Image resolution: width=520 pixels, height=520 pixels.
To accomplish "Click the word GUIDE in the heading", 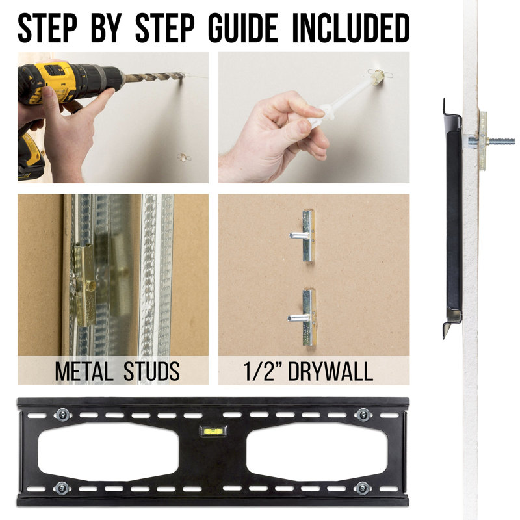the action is [242, 28].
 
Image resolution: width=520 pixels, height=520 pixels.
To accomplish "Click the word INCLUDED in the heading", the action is [351, 28].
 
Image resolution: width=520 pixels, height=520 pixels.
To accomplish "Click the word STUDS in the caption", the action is [151, 371].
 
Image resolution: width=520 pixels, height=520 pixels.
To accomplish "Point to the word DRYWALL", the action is [331, 371].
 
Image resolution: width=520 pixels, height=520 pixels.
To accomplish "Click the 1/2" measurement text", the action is [264, 371].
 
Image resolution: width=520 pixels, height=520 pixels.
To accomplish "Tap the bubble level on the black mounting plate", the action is [213, 431].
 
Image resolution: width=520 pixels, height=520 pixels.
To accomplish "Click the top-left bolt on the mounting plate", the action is [62, 415].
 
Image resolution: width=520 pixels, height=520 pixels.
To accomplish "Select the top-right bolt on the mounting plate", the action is [363, 415].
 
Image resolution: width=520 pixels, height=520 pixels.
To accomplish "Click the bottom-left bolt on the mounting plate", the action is [62, 488].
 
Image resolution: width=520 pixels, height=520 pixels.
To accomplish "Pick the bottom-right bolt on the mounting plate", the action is [363, 488].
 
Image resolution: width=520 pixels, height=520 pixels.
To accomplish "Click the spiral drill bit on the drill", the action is [153, 77].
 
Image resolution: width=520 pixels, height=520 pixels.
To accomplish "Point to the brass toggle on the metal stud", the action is [84, 285].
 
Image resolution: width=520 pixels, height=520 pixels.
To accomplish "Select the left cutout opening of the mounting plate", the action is [109, 452].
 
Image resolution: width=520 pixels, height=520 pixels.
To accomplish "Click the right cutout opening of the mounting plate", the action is [317, 452].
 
